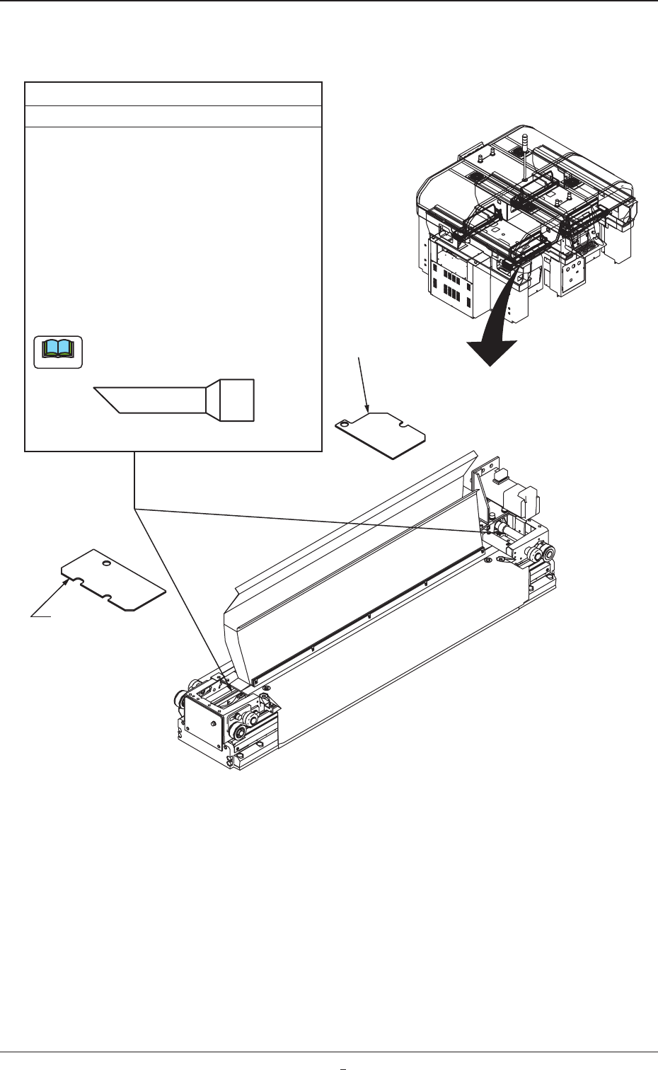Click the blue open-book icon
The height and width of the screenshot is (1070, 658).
(58, 352)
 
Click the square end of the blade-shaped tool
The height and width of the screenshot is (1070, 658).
(237, 401)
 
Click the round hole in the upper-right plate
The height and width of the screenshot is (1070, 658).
(344, 425)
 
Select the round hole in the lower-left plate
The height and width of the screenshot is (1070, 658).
(105, 564)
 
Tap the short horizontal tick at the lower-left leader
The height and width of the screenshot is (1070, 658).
(41, 617)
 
